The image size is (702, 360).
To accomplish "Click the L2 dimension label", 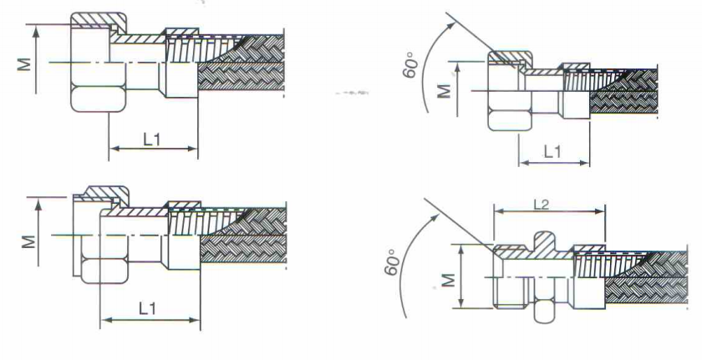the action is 542,205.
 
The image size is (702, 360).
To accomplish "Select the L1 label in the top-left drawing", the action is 152,140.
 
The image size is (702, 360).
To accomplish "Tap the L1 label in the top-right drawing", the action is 552,153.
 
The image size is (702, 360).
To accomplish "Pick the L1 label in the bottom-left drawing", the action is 147,308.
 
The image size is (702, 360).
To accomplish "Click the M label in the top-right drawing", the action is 444,91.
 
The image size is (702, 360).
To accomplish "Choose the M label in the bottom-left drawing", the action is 28,242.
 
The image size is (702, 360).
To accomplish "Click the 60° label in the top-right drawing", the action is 409,65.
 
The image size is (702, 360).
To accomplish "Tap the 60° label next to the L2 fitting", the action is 391,262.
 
